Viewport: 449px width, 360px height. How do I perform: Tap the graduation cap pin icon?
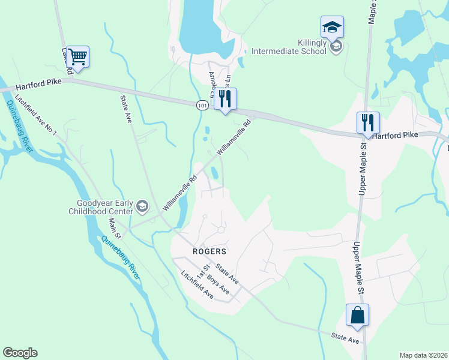pos(332,27)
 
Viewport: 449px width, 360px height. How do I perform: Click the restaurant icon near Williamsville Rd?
pos(225,99)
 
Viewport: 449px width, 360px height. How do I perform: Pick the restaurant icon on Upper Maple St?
pos(368,123)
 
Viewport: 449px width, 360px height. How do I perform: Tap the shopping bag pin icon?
pos(357,315)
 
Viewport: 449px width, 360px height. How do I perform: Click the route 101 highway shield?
pos(202,105)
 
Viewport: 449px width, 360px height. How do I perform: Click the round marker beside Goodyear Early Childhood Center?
pos(142,208)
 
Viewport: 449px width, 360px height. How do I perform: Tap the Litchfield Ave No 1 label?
pos(35,116)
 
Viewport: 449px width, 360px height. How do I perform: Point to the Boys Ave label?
pos(218,284)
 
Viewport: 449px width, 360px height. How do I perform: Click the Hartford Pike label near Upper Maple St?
pos(394,136)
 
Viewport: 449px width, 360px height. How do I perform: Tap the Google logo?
pos(20,353)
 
